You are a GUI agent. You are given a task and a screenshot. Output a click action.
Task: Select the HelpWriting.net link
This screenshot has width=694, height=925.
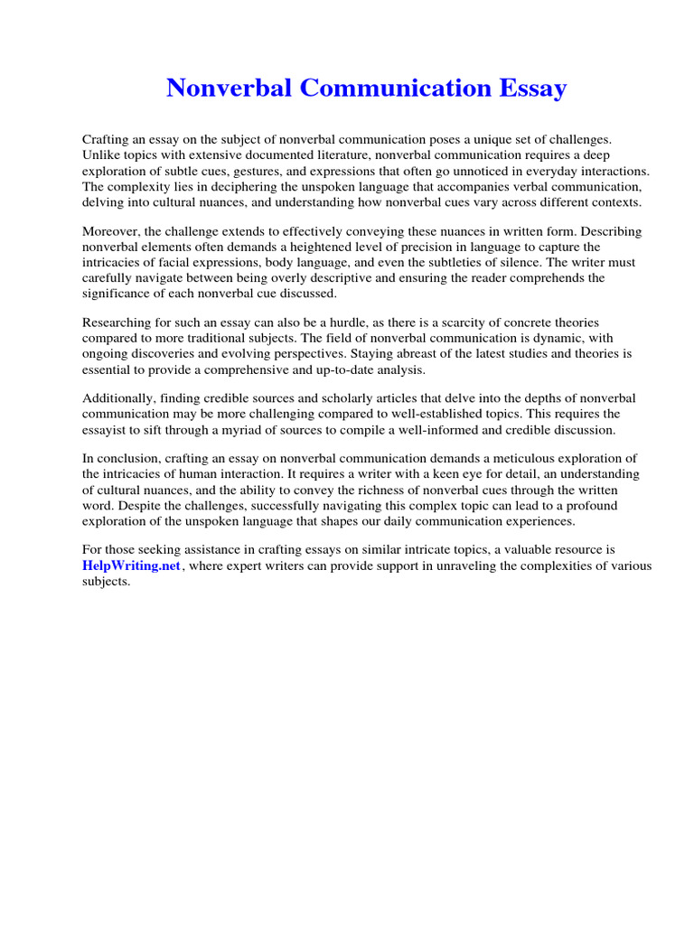[132, 565]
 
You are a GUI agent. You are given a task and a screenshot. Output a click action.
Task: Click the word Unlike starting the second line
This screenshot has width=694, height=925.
[102, 155]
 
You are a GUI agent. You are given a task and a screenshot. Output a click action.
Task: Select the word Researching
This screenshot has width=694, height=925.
[119, 322]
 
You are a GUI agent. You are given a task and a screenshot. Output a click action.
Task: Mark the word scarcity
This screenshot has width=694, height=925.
[462, 322]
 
